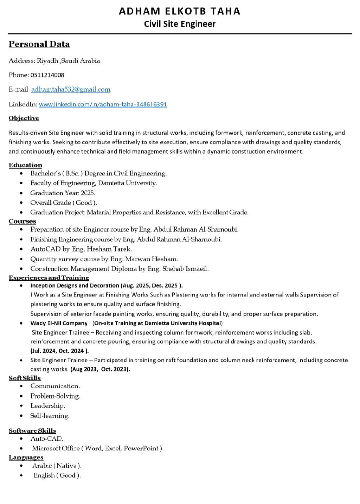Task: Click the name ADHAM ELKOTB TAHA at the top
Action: pos(180,11)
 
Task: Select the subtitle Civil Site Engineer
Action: pos(180,24)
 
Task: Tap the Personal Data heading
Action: pos(39,44)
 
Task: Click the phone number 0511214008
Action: pos(47,75)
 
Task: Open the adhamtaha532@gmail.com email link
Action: pos(71,89)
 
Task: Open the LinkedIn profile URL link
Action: pos(103,104)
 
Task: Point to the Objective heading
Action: pos(24,118)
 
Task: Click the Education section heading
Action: pos(25,165)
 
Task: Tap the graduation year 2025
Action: pos(88,193)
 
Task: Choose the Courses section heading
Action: pos(22,221)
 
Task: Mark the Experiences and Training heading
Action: pos(49,278)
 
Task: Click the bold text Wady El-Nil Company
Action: pos(59,323)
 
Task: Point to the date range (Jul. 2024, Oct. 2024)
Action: pos(59,351)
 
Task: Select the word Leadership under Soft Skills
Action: pos(47,406)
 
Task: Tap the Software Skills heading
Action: pos(32,430)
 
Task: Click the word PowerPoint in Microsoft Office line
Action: pos(141,448)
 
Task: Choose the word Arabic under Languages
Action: pos(42,466)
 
